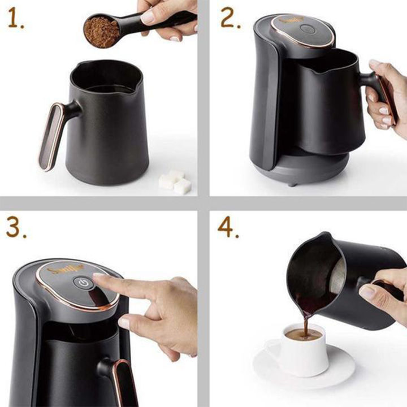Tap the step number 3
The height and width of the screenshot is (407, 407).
[x=17, y=228]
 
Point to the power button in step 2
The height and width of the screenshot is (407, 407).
[x=308, y=29]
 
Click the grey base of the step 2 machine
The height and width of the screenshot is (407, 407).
[x=317, y=170]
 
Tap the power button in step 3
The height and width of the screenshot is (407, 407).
[x=84, y=283]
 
